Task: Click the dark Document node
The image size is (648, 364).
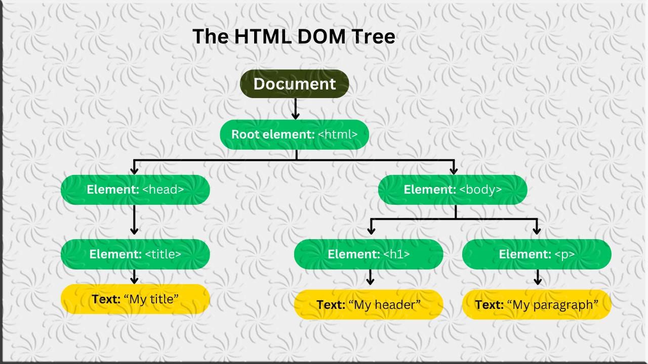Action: (294, 84)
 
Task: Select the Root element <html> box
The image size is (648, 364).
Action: (294, 134)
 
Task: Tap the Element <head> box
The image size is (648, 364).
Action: (135, 190)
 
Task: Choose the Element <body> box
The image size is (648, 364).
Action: (453, 190)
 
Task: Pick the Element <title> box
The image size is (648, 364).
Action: (135, 254)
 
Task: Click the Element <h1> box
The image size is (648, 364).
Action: (369, 254)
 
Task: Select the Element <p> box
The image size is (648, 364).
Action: (537, 254)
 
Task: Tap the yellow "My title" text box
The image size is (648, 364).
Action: (135, 299)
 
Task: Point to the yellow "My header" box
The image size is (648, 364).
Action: (369, 304)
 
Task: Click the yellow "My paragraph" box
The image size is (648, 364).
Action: (537, 304)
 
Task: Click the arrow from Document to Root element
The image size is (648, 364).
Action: (296, 109)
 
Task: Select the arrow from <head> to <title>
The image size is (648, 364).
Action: (134, 219)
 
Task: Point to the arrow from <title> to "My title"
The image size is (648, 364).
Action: (134, 277)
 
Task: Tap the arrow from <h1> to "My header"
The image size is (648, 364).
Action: (371, 277)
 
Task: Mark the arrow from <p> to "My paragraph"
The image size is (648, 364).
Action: (538, 277)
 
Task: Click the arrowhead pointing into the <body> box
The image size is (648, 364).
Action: (454, 169)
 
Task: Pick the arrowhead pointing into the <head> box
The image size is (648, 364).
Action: (134, 169)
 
